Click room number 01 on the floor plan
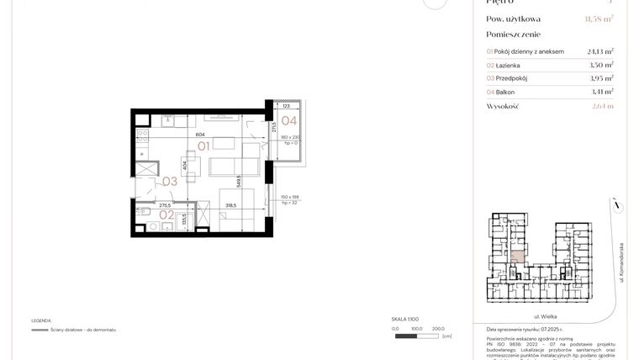(x=203, y=146)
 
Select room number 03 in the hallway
(x=169, y=181)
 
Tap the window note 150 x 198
(x=288, y=197)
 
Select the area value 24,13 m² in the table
(x=599, y=50)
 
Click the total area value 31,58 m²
(x=598, y=19)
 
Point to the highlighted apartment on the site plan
(x=519, y=256)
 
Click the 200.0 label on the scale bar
(x=437, y=329)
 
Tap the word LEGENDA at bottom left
(x=41, y=320)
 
